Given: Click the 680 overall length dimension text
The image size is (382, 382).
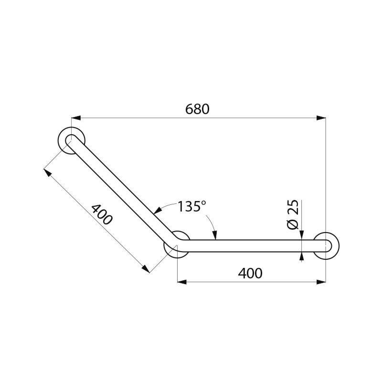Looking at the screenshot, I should click(x=197, y=109).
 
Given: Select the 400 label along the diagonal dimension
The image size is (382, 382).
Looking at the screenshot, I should click(x=102, y=215).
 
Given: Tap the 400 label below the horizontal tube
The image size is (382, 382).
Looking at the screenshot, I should click(x=250, y=273).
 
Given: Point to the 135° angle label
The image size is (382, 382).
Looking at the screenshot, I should click(x=191, y=206).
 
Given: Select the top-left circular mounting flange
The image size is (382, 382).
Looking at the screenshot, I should click(x=72, y=140).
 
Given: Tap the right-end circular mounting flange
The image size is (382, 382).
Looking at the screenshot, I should click(x=327, y=245).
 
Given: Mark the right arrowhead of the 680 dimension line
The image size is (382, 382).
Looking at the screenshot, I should click(x=323, y=117).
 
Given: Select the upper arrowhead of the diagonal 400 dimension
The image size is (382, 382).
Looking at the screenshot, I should click(x=46, y=171).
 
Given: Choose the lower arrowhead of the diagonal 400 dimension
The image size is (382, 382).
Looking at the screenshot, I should click(x=145, y=269).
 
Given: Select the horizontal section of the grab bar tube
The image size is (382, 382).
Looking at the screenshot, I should click(x=248, y=245).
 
